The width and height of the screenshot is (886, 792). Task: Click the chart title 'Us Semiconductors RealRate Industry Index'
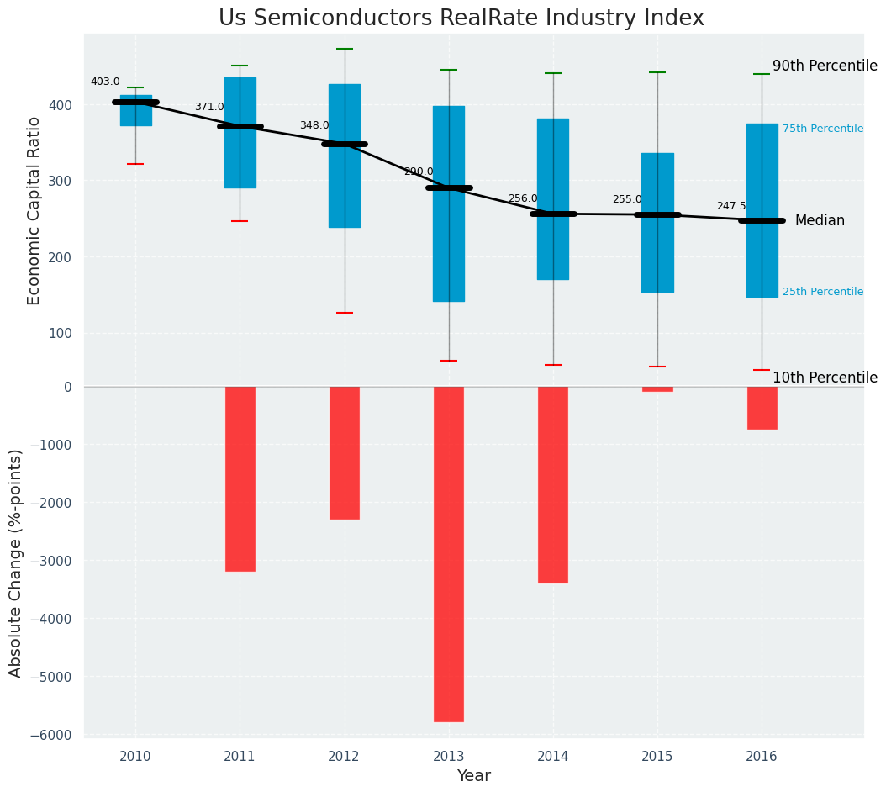461,18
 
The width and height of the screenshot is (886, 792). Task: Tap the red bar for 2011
240,478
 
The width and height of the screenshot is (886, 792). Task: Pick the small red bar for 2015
657,389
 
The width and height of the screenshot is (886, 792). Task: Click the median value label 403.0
105,82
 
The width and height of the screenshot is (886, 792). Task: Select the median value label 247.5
731,206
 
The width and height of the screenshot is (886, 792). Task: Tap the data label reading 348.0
314,125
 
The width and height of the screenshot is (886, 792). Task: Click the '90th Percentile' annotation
825,66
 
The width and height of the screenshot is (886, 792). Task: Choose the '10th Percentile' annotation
825,378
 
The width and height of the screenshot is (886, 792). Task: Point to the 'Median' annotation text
820,220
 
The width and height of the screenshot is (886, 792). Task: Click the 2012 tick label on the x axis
344,757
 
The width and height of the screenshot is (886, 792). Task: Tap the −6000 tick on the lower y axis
52,735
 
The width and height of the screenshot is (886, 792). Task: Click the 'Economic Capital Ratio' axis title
34,210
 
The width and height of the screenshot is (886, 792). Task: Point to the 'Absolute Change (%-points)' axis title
16,562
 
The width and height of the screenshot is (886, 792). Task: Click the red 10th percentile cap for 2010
135,164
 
